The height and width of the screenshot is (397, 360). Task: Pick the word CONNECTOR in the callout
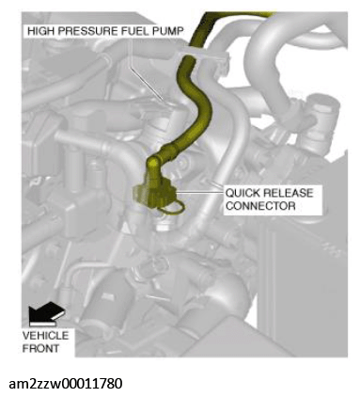coord(260,206)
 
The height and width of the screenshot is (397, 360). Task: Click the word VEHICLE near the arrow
coord(45,336)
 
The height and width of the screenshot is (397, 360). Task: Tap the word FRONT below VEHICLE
coord(40,348)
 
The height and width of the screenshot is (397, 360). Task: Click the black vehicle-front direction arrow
coord(46,313)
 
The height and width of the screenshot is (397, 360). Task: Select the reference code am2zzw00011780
coord(66,383)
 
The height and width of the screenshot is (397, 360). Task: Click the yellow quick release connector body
coord(153,195)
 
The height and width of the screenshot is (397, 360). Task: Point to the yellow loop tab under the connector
coord(173,208)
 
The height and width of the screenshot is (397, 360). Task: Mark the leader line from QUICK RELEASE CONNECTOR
coord(199,192)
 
